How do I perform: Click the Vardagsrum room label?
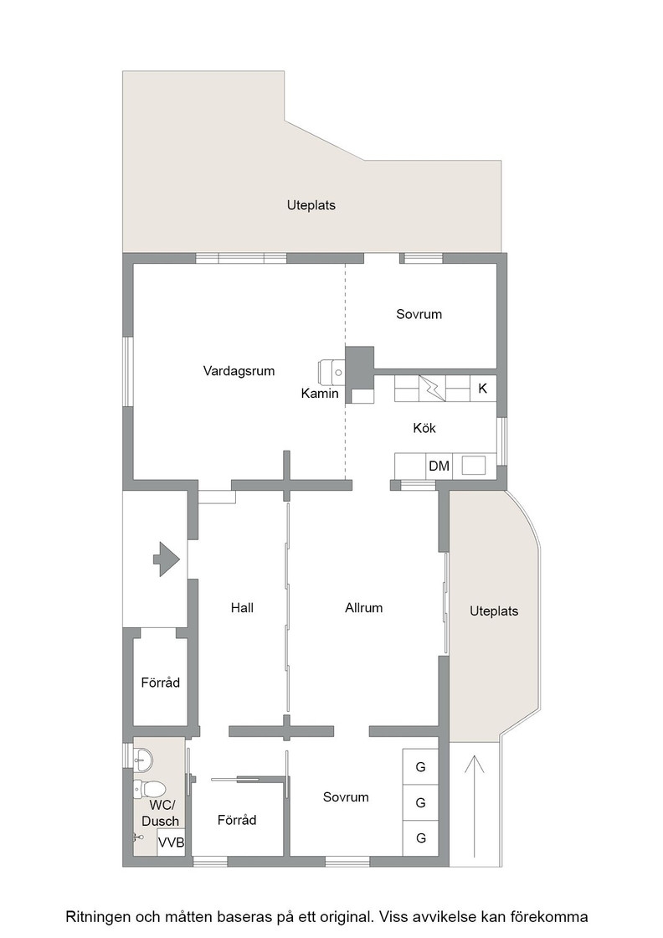point(239,371)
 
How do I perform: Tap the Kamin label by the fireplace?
point(320,393)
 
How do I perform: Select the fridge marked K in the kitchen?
point(483,389)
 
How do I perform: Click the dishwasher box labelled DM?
point(439,466)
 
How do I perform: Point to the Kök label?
point(424,428)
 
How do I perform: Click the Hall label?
point(242,608)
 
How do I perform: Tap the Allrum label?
point(363,608)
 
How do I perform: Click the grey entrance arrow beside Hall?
point(167,559)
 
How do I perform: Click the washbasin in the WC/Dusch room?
point(143,760)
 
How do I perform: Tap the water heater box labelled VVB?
point(171,843)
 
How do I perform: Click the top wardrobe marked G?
point(421,766)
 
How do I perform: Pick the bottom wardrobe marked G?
point(421,838)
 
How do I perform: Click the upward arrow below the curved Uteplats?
point(474,807)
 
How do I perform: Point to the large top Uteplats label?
point(311,205)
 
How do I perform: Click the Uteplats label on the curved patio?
point(494,611)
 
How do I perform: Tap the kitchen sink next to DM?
point(474,466)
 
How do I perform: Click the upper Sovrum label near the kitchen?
point(419,314)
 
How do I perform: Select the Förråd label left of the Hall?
point(160,682)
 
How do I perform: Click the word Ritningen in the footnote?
point(98,916)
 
